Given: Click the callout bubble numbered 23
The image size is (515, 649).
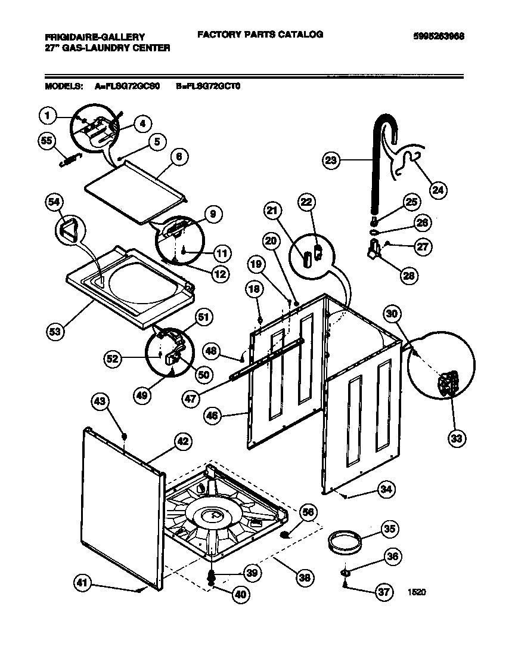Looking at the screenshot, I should (x=332, y=159).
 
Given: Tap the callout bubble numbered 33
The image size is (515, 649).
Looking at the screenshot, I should (x=456, y=439).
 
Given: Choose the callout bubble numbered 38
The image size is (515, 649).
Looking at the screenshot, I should (x=305, y=577).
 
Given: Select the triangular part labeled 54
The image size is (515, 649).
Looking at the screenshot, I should (x=70, y=230).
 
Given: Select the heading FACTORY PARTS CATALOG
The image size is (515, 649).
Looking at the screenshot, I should (x=260, y=35).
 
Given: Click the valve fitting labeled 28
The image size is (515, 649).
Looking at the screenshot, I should (x=376, y=247).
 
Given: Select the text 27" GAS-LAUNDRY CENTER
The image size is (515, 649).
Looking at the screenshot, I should (x=107, y=47).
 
